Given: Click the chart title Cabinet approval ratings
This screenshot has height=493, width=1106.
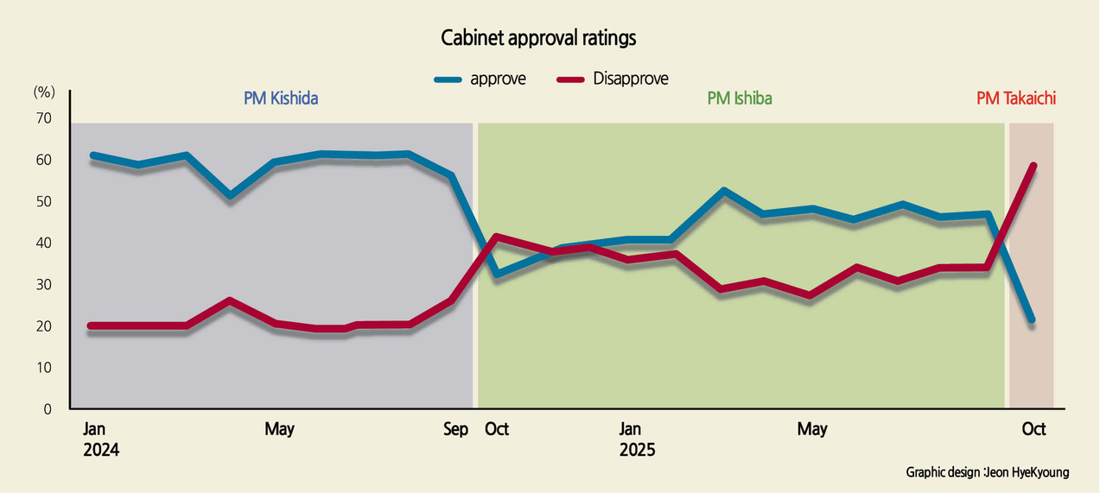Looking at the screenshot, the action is [538, 38].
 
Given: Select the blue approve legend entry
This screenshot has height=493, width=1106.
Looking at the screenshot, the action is [480, 79].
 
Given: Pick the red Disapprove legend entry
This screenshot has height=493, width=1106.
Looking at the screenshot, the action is [613, 79].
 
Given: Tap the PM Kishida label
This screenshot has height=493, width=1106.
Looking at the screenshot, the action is [281, 98].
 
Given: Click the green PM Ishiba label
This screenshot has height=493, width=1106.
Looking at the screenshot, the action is [739, 98].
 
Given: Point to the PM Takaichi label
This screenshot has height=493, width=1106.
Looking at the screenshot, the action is [1016, 98].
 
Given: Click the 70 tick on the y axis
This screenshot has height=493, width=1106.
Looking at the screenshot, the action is [44, 118].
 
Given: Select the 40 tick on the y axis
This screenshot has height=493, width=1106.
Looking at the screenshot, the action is [44, 243].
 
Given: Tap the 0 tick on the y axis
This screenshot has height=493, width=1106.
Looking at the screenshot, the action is [48, 409].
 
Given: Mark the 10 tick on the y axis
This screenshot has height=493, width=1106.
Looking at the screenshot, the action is [44, 368].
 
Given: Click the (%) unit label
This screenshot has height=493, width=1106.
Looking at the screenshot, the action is [44, 92].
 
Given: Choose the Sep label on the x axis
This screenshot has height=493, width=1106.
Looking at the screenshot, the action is [455, 429].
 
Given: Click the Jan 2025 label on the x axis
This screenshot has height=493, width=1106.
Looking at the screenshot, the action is [637, 439].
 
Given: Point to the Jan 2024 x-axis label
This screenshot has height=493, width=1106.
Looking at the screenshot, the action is [101, 439].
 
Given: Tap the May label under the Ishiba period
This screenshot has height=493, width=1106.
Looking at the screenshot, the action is [811, 429].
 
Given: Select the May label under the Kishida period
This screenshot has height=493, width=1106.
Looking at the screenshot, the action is [279, 429].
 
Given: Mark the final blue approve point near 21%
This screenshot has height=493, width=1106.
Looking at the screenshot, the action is [1032, 319].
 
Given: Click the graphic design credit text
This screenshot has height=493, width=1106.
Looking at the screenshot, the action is [987, 472].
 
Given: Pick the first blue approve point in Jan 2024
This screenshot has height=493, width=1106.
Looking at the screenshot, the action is [93, 155].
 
